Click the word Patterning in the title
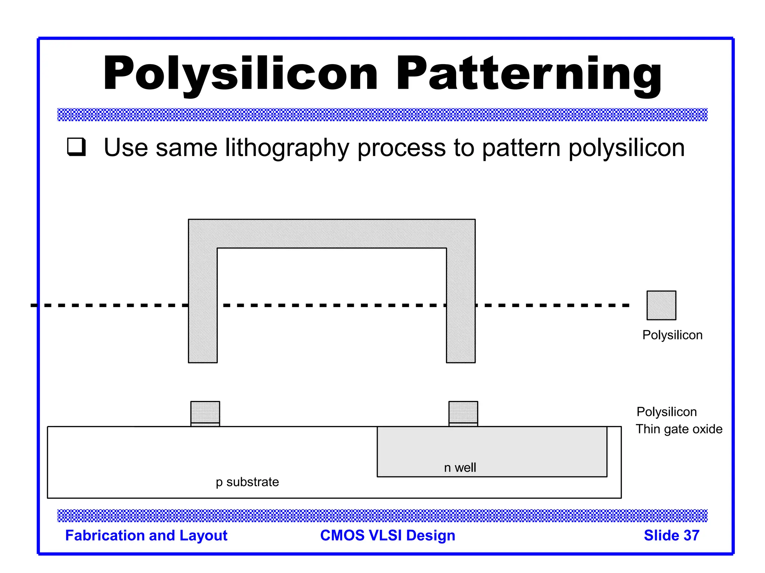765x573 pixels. pyautogui.click(x=529, y=73)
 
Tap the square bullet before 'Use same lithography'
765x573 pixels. pyautogui.click(x=77, y=147)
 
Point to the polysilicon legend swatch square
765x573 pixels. pyautogui.click(x=661, y=305)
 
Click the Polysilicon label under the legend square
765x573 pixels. pyautogui.click(x=672, y=335)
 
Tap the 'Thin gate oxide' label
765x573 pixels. pyautogui.click(x=679, y=429)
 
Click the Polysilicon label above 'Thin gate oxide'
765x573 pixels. pyautogui.click(x=666, y=412)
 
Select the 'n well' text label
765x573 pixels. pyautogui.click(x=460, y=467)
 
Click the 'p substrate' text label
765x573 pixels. pyautogui.click(x=247, y=482)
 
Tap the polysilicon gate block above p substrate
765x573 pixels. pyautogui.click(x=205, y=412)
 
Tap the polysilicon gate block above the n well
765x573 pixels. pyautogui.click(x=463, y=412)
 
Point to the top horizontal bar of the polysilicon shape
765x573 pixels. pyautogui.click(x=332, y=234)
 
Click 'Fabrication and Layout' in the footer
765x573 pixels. pyautogui.click(x=146, y=535)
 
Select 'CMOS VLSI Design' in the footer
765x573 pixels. pyautogui.click(x=387, y=535)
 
